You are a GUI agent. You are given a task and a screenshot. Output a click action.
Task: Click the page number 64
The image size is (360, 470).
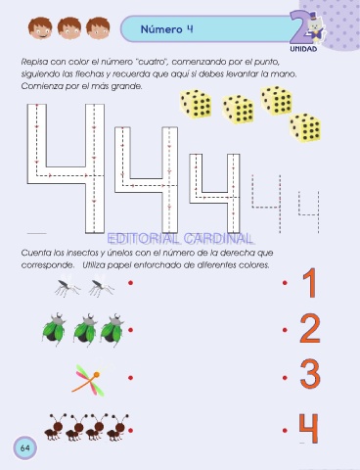[25, 448]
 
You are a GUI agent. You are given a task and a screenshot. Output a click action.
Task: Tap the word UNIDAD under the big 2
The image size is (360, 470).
[303, 49]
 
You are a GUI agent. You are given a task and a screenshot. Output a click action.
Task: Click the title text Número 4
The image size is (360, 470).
[166, 29]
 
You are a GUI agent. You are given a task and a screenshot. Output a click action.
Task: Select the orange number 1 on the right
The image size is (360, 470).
[310, 283]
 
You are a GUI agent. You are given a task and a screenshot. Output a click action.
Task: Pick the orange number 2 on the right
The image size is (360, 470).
[310, 329]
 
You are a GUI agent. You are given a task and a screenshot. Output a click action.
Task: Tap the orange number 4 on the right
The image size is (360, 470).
[308, 428]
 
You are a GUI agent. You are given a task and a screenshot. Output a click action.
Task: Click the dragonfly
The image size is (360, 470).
[89, 379]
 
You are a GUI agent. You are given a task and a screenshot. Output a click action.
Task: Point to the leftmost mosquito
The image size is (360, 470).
[67, 286]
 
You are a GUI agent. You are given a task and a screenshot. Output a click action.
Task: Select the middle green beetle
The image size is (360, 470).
[85, 329]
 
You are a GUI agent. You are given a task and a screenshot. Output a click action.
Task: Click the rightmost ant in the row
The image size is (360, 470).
[117, 428]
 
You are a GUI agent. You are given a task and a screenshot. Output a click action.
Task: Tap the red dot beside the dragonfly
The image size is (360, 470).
[130, 378]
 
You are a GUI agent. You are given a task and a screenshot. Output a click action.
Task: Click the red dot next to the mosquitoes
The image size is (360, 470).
[130, 283]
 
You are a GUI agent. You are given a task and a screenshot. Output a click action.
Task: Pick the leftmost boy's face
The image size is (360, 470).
[40, 28]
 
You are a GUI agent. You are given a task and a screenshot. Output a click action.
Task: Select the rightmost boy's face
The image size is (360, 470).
[98, 28]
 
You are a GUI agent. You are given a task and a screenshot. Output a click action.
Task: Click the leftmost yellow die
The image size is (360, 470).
[196, 104]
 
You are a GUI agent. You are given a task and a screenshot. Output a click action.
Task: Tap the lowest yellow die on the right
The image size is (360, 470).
[305, 128]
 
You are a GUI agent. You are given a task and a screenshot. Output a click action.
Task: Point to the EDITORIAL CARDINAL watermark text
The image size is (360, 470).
[180, 239]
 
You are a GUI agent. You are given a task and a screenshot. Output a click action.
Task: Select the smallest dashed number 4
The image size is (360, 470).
[309, 212]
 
